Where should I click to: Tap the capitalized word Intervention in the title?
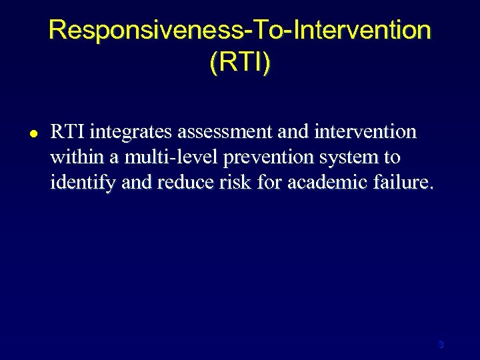tap(360, 31)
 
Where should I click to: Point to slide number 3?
tap(441, 345)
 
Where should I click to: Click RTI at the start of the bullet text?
tap(66, 132)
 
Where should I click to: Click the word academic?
tap(319, 183)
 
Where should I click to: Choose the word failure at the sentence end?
tap(402, 183)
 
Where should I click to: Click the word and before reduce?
tap(123, 183)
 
